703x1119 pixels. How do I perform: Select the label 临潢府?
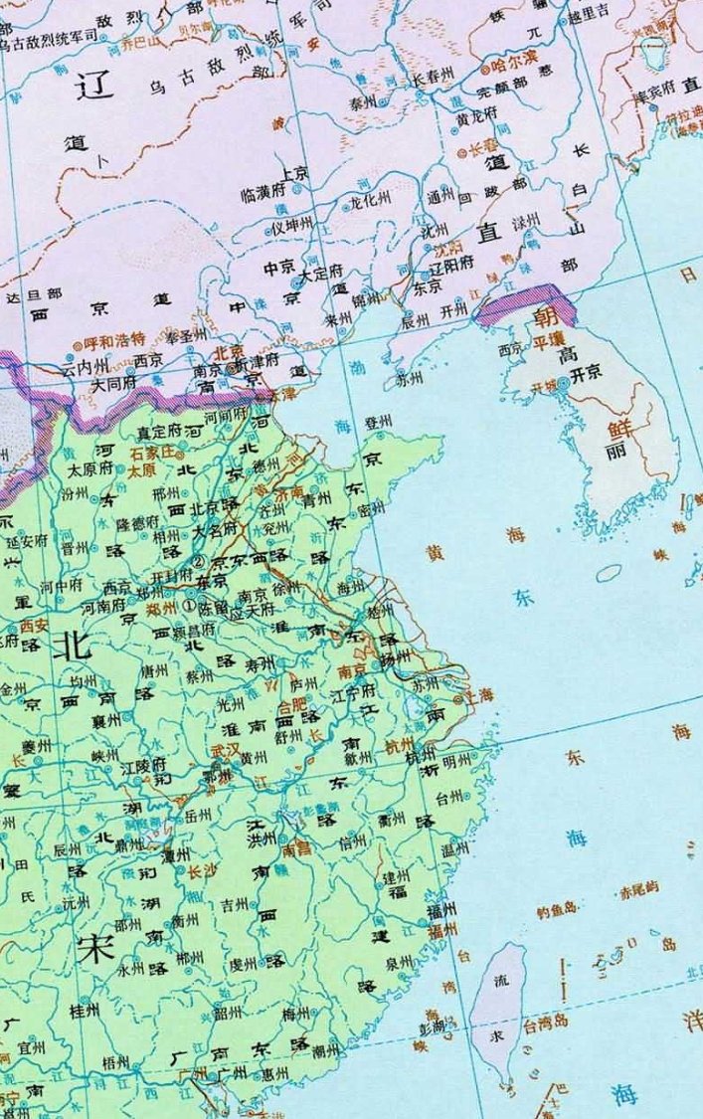tap(263, 197)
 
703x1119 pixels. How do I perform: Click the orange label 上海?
tap(477, 696)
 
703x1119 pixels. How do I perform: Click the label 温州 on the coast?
tap(453, 850)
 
